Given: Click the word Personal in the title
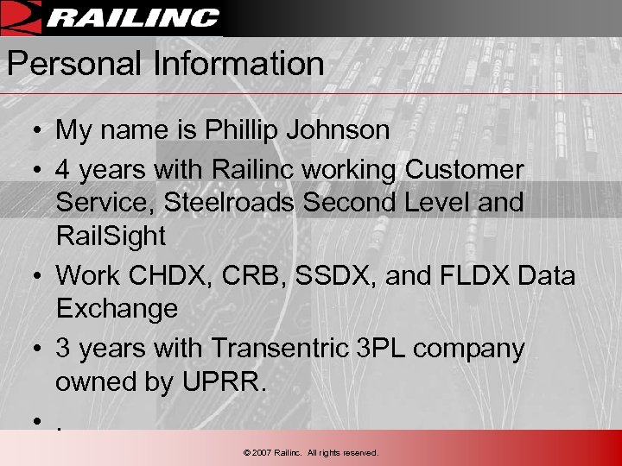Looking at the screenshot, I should (58, 63).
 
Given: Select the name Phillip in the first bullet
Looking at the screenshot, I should (238, 131).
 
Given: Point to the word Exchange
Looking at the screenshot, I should (117, 308).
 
